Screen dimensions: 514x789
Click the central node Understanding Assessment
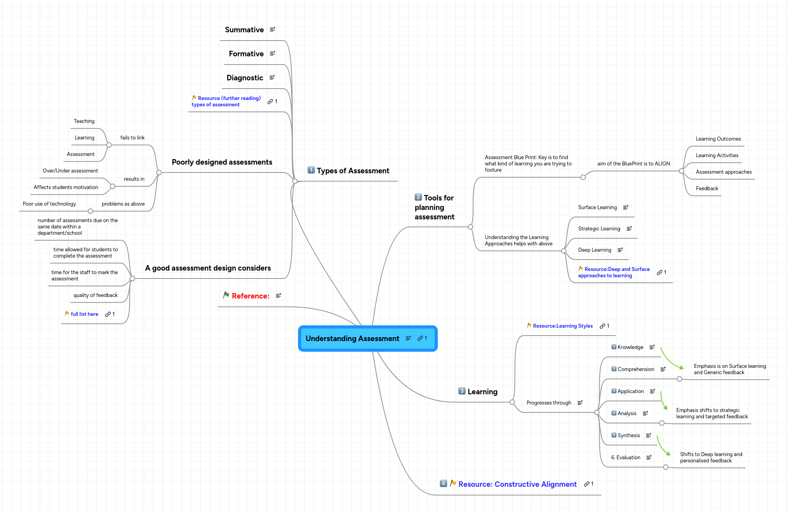(x=352, y=339)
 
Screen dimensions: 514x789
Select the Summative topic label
(x=244, y=30)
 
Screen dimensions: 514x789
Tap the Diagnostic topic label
(x=244, y=78)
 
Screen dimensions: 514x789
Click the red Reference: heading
(x=250, y=296)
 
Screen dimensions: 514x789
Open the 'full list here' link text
(x=84, y=314)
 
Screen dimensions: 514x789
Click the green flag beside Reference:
(x=226, y=295)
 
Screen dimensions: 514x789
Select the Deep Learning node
(x=595, y=250)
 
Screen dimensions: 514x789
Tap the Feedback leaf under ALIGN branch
(x=707, y=189)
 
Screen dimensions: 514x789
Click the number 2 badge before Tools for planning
(x=418, y=197)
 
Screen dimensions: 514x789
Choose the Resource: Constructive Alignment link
(x=517, y=484)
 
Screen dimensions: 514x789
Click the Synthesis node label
(x=628, y=436)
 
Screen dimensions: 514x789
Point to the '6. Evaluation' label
(x=626, y=458)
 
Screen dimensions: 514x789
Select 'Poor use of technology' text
(x=49, y=204)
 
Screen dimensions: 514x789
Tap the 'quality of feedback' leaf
(x=95, y=295)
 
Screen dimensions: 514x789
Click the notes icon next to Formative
(x=272, y=54)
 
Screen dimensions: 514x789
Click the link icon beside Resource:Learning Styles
(x=602, y=326)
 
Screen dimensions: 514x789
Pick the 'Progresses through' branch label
(x=549, y=403)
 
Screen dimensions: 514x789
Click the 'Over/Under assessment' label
(x=70, y=171)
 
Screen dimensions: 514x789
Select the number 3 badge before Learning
(x=462, y=391)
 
